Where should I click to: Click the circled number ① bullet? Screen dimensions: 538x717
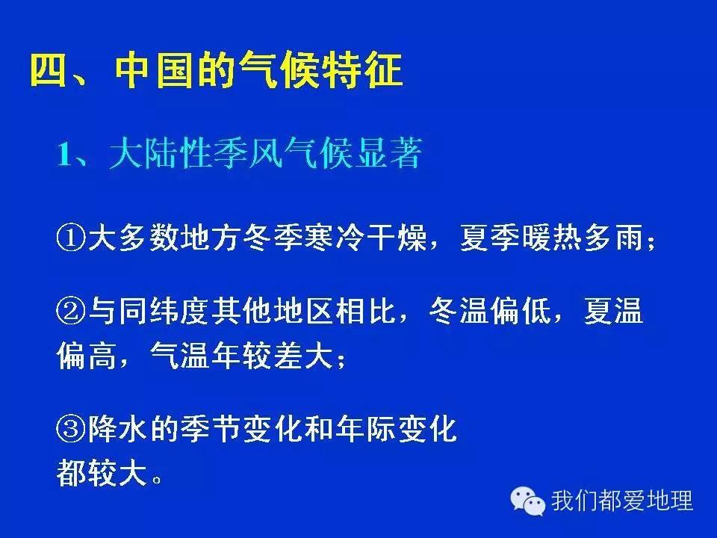(72, 240)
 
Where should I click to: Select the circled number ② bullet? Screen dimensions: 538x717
(72, 312)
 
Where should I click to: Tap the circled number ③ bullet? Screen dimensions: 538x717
(72, 431)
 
